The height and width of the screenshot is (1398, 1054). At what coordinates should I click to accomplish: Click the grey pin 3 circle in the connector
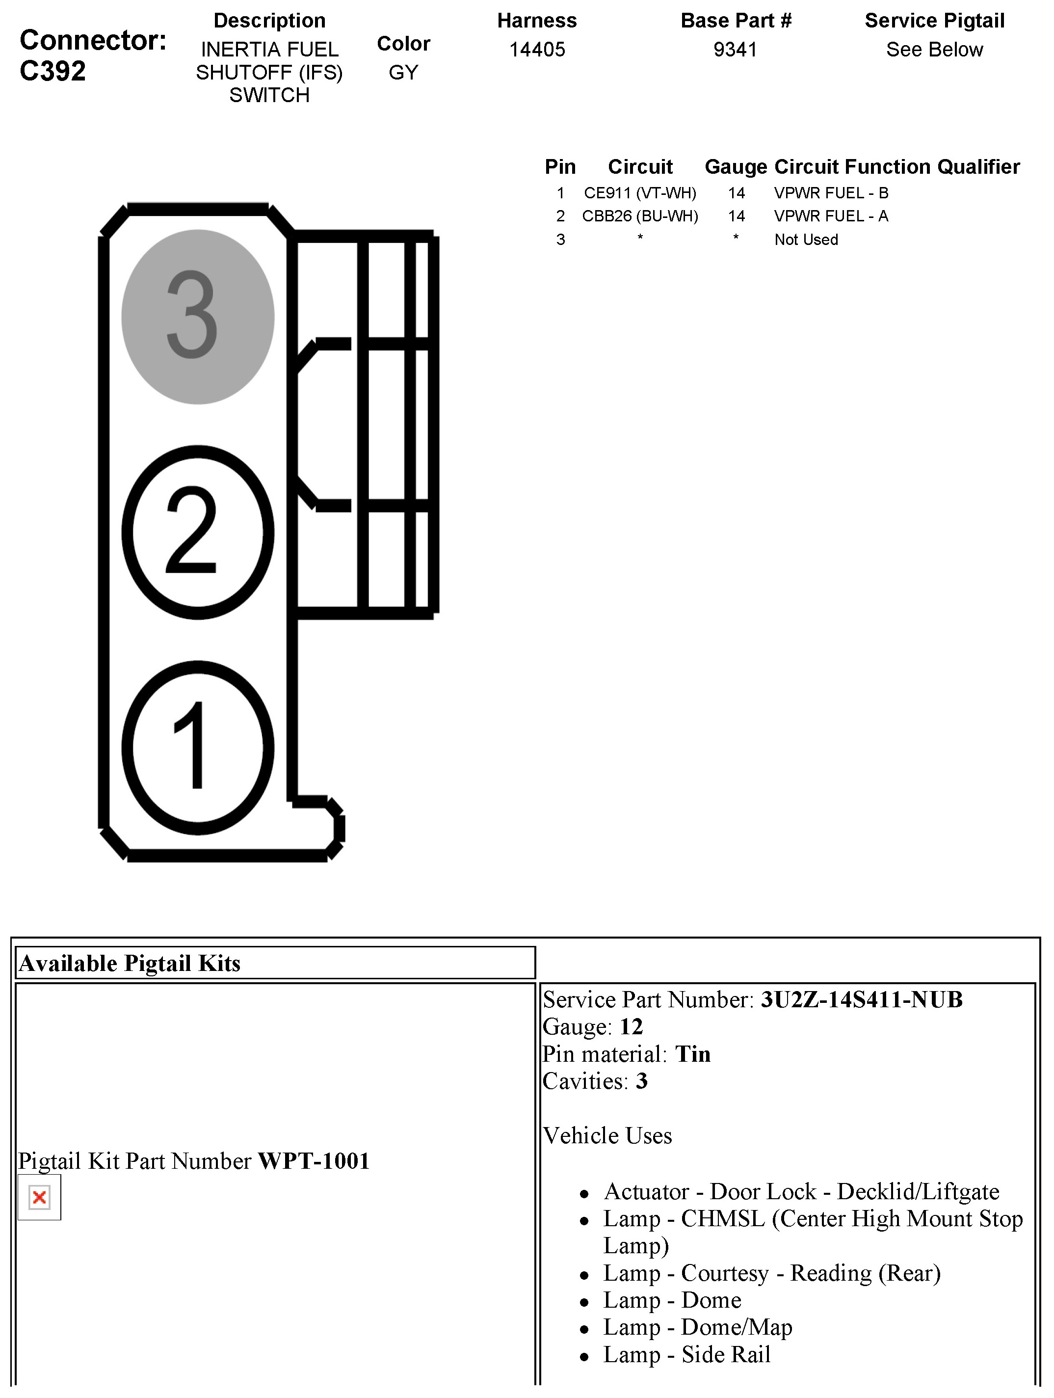coord(197,316)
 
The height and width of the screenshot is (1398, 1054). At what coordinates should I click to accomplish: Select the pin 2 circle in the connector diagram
coord(197,532)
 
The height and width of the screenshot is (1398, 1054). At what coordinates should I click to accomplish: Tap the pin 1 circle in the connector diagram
coord(197,748)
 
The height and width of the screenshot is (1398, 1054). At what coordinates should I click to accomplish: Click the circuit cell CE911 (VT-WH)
coord(639,193)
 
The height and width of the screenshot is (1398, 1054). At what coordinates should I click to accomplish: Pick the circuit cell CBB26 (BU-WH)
coord(639,216)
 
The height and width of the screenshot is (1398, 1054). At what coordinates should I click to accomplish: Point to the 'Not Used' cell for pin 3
coord(806,240)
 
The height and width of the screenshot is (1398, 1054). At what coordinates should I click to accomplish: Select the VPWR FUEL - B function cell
coord(831,193)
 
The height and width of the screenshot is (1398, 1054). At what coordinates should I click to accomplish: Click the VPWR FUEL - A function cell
coord(831,216)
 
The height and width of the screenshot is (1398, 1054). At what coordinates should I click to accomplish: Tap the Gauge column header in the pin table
coord(736,167)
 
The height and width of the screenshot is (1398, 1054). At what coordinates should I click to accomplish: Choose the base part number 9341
coord(735,49)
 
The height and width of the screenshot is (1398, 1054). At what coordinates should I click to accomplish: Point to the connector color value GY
coord(403,73)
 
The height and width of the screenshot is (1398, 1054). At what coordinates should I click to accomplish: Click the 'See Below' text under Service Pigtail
coord(934,49)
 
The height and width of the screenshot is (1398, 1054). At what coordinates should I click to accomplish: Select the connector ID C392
coord(53,71)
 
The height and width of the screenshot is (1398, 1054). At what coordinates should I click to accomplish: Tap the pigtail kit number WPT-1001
coord(314,1161)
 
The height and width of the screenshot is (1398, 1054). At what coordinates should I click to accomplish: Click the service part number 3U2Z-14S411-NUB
coord(861,1000)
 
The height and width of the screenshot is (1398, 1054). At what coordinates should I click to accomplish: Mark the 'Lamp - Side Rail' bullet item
coord(687,1354)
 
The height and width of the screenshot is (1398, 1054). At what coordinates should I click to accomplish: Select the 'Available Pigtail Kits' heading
coord(130,963)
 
